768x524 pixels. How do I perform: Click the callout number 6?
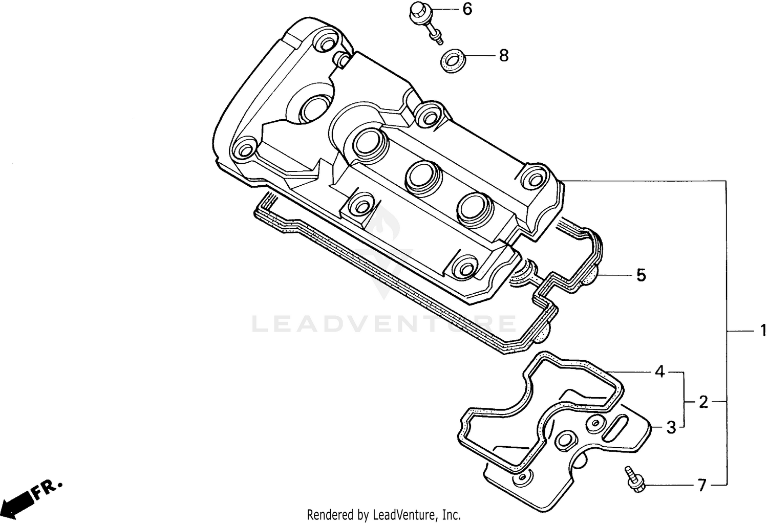click(467, 9)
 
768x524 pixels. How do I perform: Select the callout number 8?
click(504, 55)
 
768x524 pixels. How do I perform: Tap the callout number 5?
click(641, 275)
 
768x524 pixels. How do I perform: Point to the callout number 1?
click(762, 331)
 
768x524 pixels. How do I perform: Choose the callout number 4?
click(660, 372)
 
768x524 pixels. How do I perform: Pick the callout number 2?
click(703, 402)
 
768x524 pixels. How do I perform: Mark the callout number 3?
click(671, 427)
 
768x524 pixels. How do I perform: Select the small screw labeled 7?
click(633, 479)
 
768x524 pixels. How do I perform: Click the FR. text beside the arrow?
click(48, 489)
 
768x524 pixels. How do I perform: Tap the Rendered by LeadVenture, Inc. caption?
click(384, 514)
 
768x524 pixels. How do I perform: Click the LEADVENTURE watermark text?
click(384, 324)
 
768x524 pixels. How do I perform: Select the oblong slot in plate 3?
click(617, 427)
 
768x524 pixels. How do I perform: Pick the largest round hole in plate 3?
click(566, 441)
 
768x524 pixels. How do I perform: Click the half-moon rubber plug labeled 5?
click(589, 277)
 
